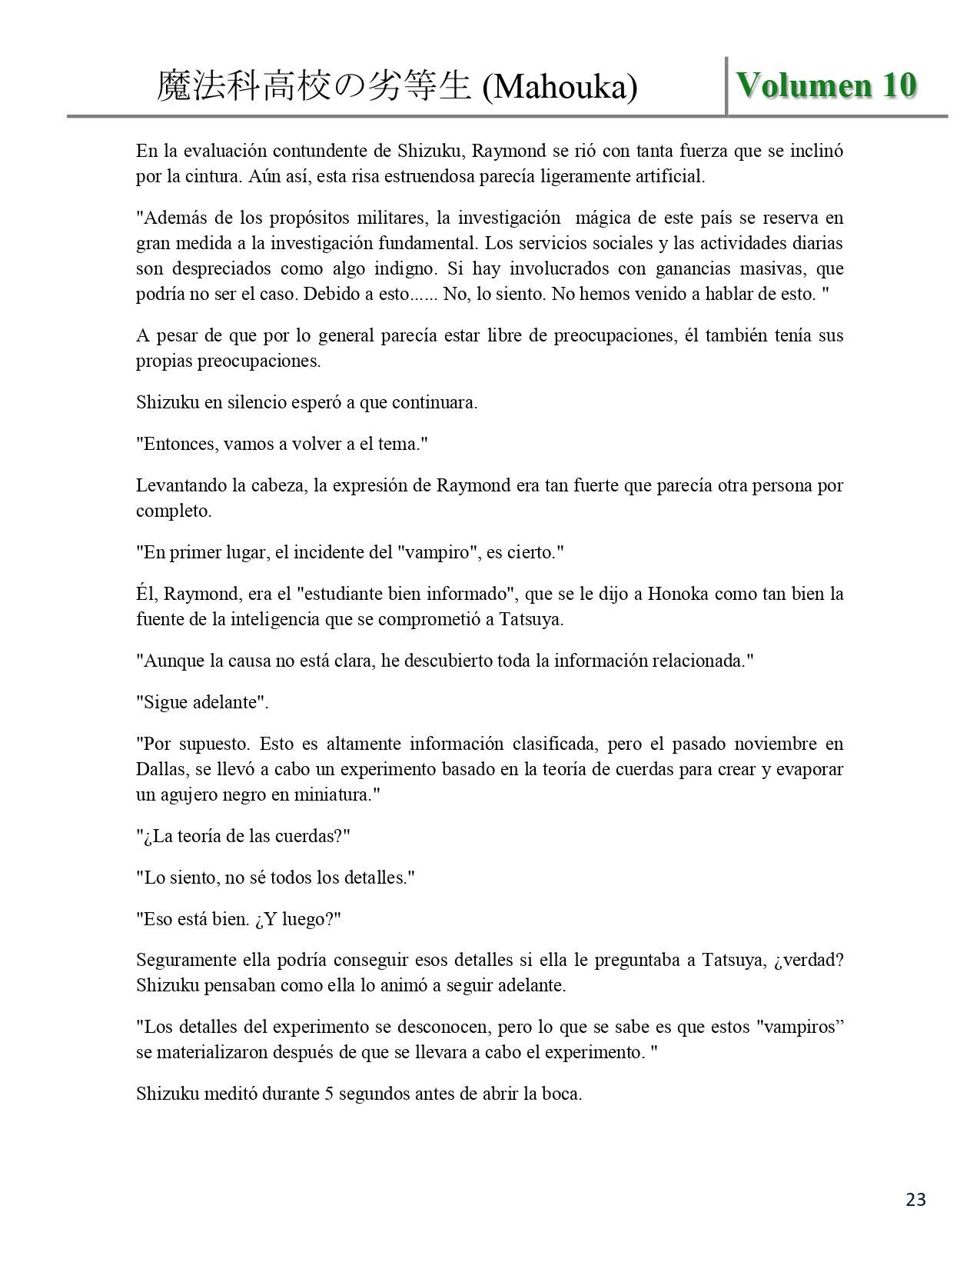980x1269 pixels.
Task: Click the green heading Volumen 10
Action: coord(826,85)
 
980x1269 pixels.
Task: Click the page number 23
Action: coord(915,1199)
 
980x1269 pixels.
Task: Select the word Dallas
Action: coord(160,769)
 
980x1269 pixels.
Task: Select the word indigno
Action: coord(424,268)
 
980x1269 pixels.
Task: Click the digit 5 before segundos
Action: coord(329,1094)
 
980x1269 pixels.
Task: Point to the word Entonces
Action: coord(178,444)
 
